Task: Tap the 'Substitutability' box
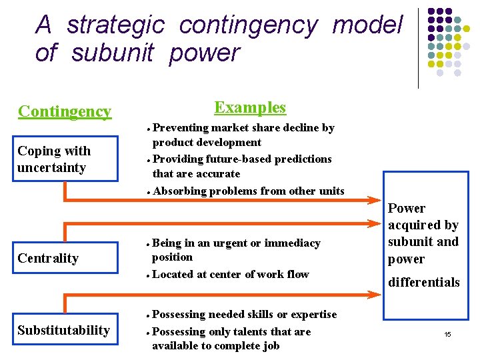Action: click(x=64, y=330)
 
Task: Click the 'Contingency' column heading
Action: click(x=65, y=111)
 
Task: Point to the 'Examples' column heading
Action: click(x=250, y=107)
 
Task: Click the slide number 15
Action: click(x=448, y=333)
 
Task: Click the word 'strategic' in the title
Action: click(x=115, y=26)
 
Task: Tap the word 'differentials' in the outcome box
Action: click(x=423, y=282)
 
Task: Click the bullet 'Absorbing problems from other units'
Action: click(x=248, y=191)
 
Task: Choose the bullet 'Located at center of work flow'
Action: click(x=231, y=274)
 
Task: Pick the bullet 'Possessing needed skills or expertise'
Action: click(x=244, y=314)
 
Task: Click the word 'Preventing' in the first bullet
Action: click(x=180, y=127)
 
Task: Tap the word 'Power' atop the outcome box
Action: click(x=407, y=208)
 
